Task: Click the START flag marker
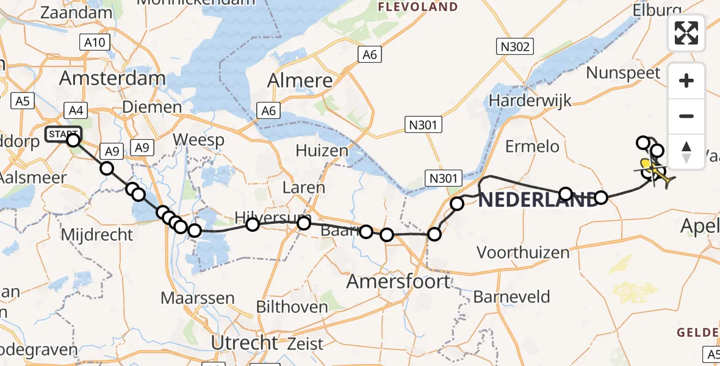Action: (x=63, y=134)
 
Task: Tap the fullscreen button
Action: (x=686, y=33)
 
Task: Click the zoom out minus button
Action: (x=686, y=116)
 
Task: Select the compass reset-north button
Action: (x=686, y=152)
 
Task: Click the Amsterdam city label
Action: (x=113, y=78)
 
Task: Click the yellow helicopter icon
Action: (x=657, y=171)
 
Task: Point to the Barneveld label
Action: (x=512, y=297)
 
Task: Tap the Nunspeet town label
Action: (x=623, y=73)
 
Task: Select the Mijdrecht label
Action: (x=96, y=234)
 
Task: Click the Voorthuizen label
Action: (x=524, y=252)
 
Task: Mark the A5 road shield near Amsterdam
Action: (x=23, y=101)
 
